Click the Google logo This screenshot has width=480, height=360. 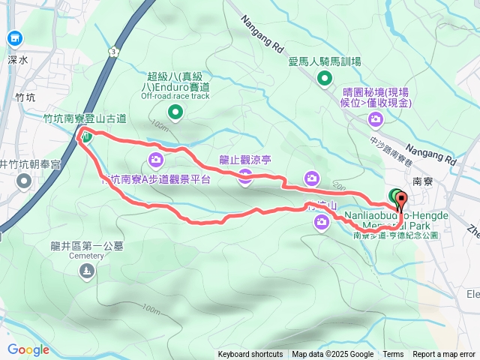point(28,349)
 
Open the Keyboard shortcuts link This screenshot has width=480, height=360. point(250,355)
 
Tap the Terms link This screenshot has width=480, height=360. point(393,355)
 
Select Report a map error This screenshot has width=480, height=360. point(444,355)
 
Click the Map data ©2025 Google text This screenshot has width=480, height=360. point(332,355)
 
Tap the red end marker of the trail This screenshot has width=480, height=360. point(401,200)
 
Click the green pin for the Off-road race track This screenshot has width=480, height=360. point(175,112)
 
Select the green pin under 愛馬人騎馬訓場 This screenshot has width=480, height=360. point(325,78)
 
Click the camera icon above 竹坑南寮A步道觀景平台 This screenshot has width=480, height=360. point(156,159)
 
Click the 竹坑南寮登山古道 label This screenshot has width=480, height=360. point(85,118)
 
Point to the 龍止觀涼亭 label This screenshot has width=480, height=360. point(245,159)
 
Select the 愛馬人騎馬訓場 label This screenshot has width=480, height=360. point(325,61)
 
